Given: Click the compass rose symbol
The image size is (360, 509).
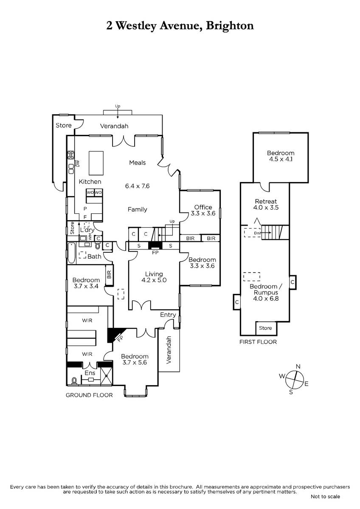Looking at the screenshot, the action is pyautogui.click(x=295, y=379).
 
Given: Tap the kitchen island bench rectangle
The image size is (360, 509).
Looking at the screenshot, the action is pyautogui.click(x=96, y=163).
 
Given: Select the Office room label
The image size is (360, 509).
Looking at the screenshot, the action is pyautogui.click(x=203, y=207).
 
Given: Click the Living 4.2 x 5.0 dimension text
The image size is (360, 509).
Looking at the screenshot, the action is pyautogui.click(x=154, y=280).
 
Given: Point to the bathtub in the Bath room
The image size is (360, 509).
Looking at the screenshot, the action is pyautogui.click(x=71, y=253).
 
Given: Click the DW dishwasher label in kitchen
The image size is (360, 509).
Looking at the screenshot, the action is pyautogui.click(x=78, y=163).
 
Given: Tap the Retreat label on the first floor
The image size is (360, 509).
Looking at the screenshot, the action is pyautogui.click(x=266, y=201).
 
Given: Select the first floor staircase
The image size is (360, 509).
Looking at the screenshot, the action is pyautogui.click(x=275, y=232).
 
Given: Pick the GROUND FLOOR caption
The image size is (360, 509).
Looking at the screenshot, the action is pyautogui.click(x=89, y=395).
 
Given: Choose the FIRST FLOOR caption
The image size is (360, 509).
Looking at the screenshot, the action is pyautogui.click(x=258, y=342).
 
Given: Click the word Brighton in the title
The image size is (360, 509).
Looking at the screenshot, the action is pyautogui.click(x=230, y=26).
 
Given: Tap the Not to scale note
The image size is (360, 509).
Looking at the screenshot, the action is pyautogui.click(x=325, y=497).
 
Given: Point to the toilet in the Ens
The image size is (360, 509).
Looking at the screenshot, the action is pyautogui.click(x=74, y=380).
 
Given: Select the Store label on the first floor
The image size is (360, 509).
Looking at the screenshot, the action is pyautogui.click(x=265, y=328).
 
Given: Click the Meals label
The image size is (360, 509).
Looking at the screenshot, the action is pyautogui.click(x=138, y=162).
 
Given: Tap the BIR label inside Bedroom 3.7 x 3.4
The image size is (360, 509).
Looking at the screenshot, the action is pyautogui.click(x=109, y=274).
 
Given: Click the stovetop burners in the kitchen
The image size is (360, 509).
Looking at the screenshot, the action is pyautogui.click(x=71, y=155).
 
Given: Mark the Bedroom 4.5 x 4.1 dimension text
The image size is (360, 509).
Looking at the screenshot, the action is pyautogui.click(x=281, y=159).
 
